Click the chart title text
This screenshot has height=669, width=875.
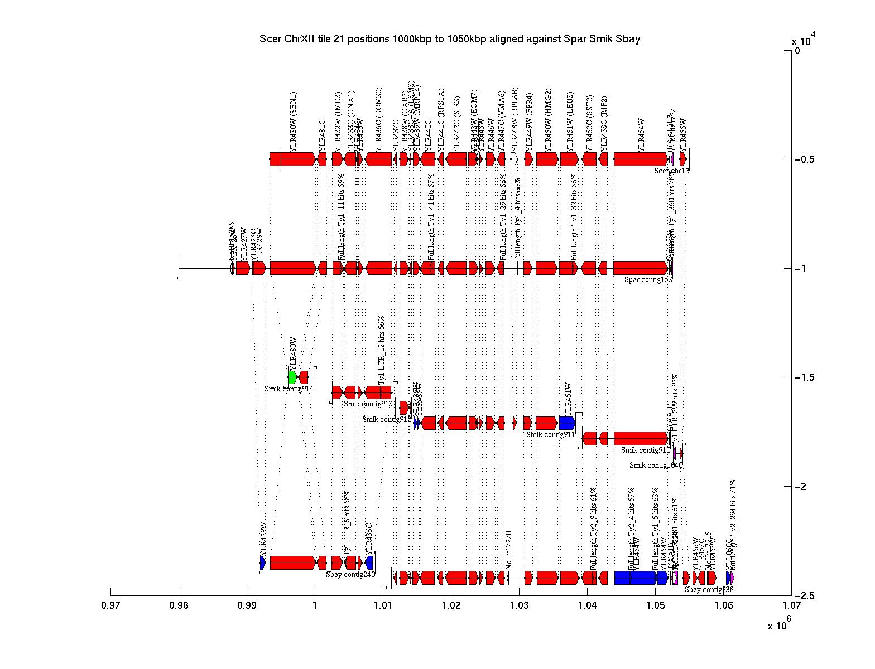coord(449,39)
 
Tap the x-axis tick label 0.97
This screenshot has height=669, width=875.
coord(110,607)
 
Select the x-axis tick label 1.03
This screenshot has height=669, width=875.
coord(519,607)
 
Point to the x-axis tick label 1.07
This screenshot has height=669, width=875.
coord(791,607)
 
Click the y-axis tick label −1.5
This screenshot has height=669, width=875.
coord(804,377)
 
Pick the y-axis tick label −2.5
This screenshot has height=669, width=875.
coord(804,595)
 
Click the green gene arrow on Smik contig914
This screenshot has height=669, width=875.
coord(292,377)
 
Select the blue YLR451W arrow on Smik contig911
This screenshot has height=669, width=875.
coord(567,423)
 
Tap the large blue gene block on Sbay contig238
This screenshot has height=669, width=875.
coord(635,578)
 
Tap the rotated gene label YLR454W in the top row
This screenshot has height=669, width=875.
coord(641,134)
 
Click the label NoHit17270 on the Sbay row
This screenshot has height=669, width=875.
coord(508,550)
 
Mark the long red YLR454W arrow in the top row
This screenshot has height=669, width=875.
coord(641,159)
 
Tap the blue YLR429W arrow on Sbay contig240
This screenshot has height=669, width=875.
coord(263,562)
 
